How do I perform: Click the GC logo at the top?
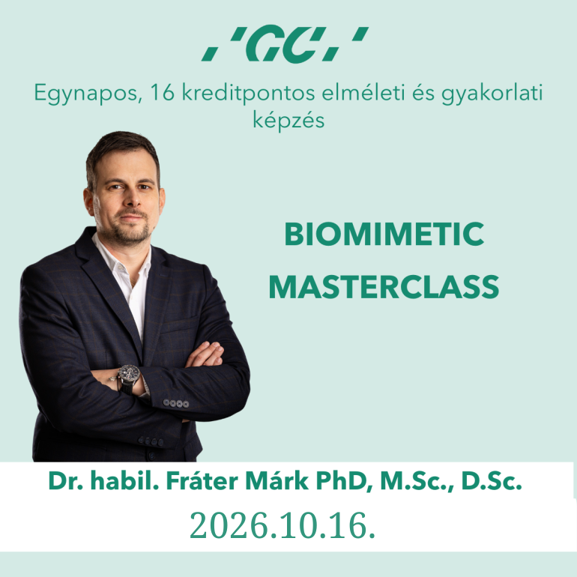click(x=285, y=43)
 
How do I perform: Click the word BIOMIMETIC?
click(x=384, y=234)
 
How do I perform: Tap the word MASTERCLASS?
click(x=384, y=287)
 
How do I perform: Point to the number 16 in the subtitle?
click(x=163, y=92)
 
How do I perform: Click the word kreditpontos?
click(x=248, y=94)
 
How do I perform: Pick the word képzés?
click(x=288, y=121)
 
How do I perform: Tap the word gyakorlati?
click(x=492, y=94)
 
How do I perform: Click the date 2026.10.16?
click(x=283, y=525)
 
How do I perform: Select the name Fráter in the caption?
click(x=202, y=480)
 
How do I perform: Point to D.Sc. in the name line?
click(x=492, y=481)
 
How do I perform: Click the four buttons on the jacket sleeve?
click(x=176, y=403)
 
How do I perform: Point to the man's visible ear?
click(x=88, y=202)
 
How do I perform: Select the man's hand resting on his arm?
click(x=205, y=354)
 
